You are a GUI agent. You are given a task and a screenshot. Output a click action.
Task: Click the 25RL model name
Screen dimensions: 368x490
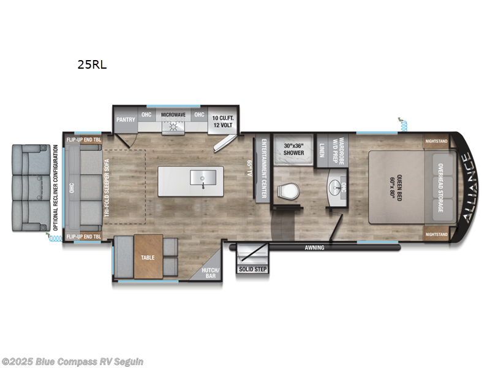92,63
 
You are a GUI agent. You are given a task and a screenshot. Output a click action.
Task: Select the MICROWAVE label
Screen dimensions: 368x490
173,115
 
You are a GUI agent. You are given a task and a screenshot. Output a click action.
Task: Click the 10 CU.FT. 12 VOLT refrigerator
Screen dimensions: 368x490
224,121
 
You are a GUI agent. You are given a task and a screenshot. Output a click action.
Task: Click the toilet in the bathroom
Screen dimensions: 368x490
287,191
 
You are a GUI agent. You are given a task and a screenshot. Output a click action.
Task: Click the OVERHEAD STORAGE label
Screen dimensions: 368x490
439,188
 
